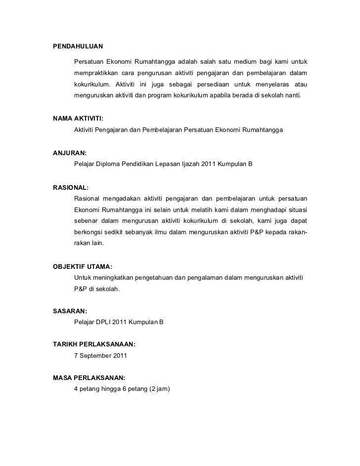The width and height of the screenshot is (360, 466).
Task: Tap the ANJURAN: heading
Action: (70, 153)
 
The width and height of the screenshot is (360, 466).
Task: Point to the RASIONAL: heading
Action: (71, 188)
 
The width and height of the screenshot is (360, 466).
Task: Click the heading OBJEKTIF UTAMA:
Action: (83, 266)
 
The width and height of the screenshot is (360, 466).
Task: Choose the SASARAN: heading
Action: (70, 311)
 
